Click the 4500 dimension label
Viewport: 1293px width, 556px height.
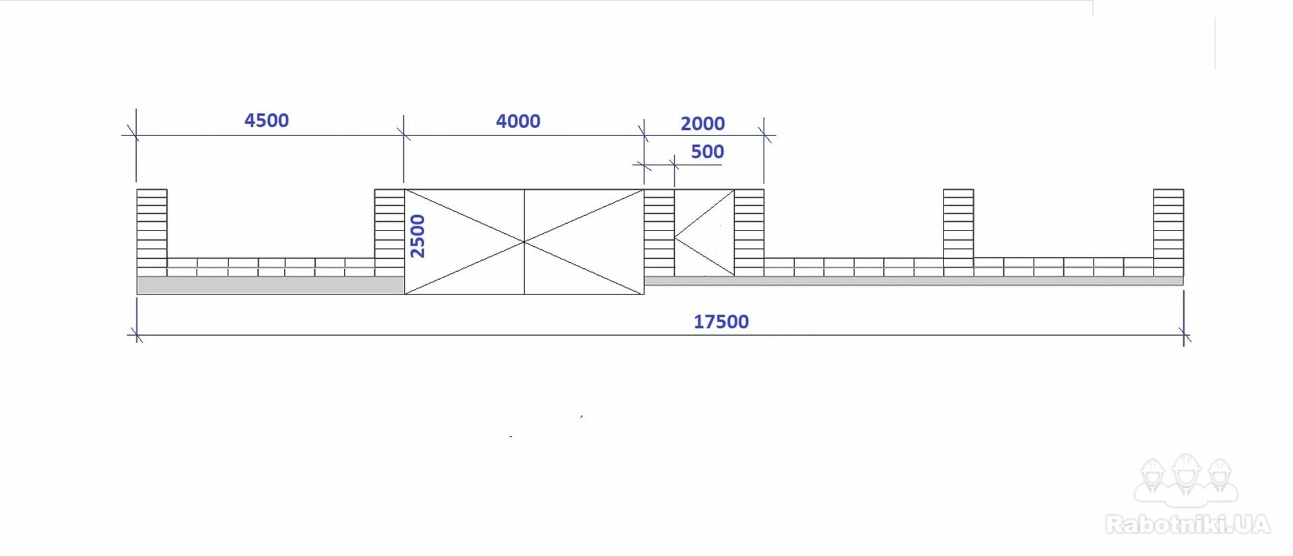click(x=267, y=121)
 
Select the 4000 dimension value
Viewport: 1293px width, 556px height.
click(x=518, y=121)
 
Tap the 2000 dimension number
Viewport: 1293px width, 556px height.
click(x=702, y=124)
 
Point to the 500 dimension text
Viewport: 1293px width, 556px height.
click(x=707, y=152)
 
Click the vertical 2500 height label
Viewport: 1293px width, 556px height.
click(x=418, y=236)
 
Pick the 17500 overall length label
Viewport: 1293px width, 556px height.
click(x=721, y=321)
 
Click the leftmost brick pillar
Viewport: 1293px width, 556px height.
click(x=152, y=233)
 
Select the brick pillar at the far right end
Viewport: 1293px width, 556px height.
click(x=1168, y=233)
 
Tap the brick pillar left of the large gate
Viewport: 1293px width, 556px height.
click(x=389, y=233)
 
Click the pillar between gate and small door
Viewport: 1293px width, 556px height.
click(x=659, y=233)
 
